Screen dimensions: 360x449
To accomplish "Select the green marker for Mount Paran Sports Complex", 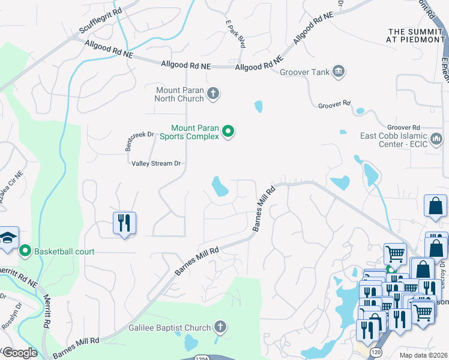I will tap(228, 131).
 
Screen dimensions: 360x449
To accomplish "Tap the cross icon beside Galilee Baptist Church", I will tap(220, 327).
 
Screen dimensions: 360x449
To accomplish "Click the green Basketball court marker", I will tap(25, 250).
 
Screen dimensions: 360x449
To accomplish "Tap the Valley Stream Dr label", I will tap(156, 163).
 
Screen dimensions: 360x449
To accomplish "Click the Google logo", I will tap(20, 352).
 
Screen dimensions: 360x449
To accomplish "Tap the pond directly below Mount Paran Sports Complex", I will tap(220, 187).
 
